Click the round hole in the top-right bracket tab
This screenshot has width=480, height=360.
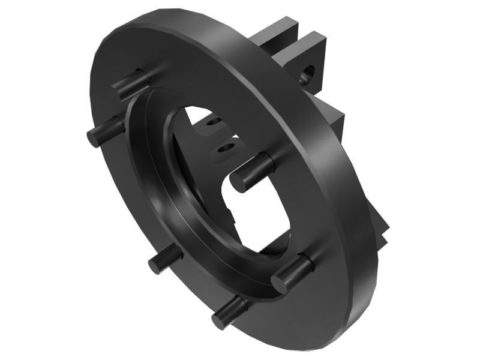[x=308, y=74]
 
